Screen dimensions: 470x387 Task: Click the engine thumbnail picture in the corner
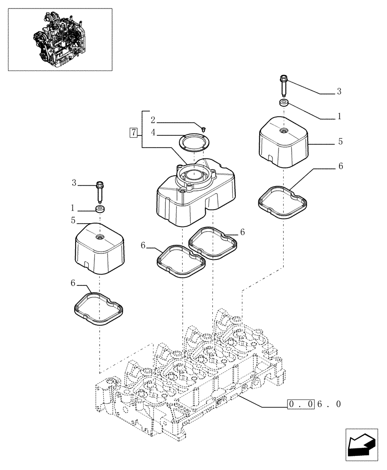[60, 39]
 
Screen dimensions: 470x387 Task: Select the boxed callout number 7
[134, 133]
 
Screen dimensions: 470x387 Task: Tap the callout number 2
[153, 120]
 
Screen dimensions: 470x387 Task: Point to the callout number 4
[153, 133]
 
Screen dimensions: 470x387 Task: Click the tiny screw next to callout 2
[203, 127]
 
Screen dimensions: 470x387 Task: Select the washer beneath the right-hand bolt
[283, 103]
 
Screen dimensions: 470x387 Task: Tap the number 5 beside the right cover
[340, 141]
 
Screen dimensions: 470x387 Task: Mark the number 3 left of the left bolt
[74, 183]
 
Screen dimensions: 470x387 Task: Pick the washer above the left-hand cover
[99, 209]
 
